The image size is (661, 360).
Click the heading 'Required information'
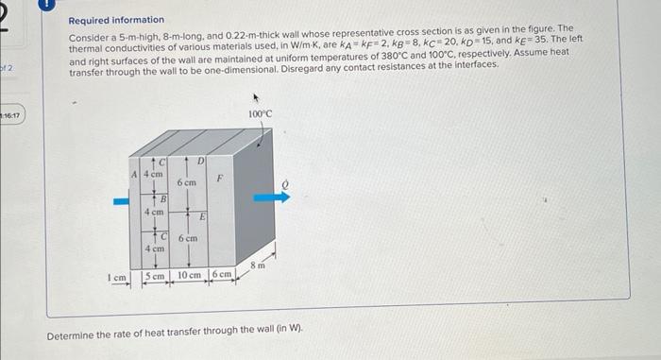(x=116, y=20)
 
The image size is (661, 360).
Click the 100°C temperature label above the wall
(x=261, y=113)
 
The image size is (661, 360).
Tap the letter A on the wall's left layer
(x=135, y=174)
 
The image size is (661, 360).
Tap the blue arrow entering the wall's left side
(x=120, y=200)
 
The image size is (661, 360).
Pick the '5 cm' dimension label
(x=154, y=276)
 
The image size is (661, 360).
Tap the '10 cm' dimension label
(x=189, y=276)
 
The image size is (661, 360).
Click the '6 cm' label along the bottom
(x=222, y=276)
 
